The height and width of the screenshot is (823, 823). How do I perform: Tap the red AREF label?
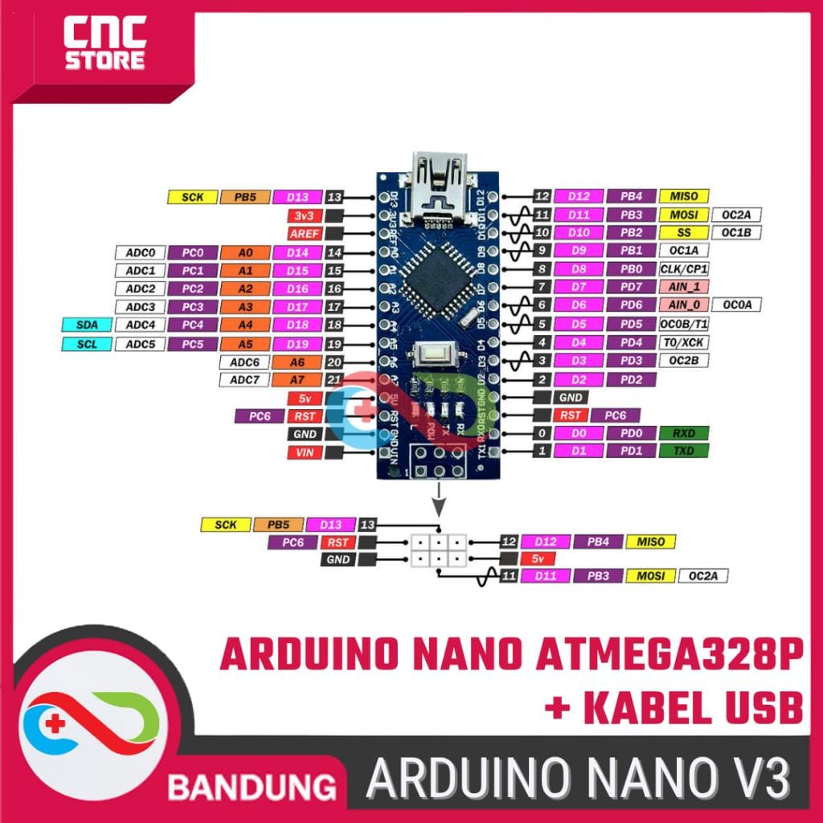click(x=305, y=234)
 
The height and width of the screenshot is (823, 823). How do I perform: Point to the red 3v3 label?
click(x=305, y=215)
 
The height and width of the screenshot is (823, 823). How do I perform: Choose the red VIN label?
click(x=305, y=452)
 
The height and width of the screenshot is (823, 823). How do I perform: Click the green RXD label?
click(x=684, y=433)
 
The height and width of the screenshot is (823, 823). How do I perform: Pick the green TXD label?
click(x=684, y=452)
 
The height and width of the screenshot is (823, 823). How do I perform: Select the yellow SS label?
click(x=684, y=232)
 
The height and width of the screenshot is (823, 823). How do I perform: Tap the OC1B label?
click(x=735, y=232)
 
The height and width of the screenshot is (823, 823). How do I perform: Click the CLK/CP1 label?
click(x=684, y=269)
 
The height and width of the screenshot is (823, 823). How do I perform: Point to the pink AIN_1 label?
click(x=684, y=287)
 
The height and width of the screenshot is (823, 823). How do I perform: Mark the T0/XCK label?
click(x=684, y=342)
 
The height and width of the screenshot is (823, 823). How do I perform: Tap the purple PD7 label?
click(x=632, y=287)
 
